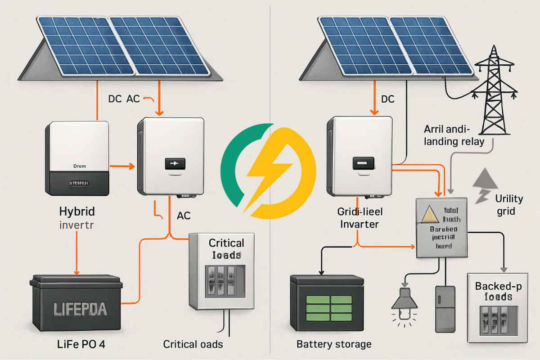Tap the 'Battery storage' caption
point(334,345)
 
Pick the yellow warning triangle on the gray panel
point(431,216)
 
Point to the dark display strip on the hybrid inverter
point(77,184)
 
